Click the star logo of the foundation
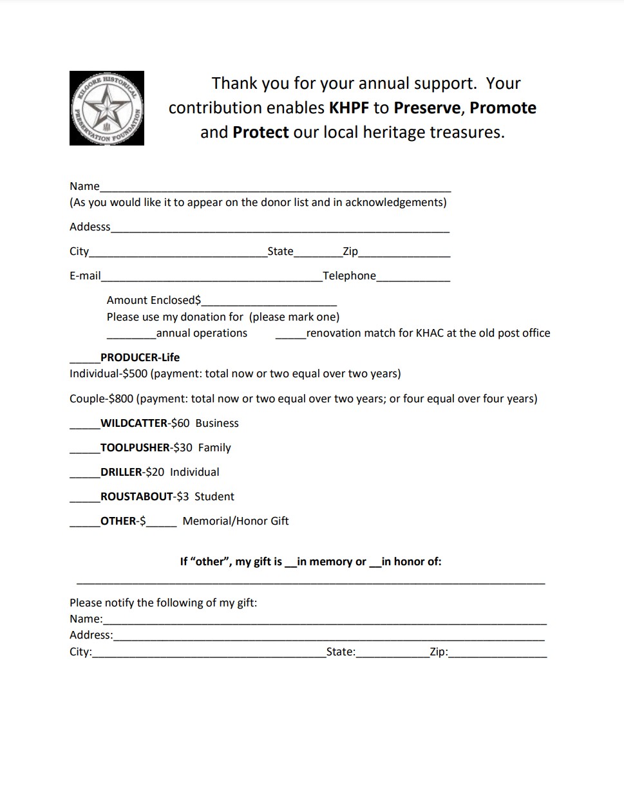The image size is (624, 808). [107, 108]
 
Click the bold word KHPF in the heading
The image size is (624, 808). [349, 108]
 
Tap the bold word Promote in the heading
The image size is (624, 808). [502, 108]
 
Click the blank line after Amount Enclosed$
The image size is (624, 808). [269, 301]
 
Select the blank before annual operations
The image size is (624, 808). [131, 334]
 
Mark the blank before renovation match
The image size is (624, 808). [290, 334]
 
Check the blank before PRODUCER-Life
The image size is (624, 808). [84, 359]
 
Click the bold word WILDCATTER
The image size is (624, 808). [134, 423]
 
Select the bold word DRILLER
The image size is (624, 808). [121, 472]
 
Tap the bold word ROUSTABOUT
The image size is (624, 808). [137, 496]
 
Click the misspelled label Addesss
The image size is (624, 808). [90, 227]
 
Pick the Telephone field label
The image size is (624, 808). [349, 276]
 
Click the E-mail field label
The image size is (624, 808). [85, 276]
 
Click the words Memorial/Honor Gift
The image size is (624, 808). [236, 521]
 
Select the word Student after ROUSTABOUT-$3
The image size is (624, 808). [214, 496]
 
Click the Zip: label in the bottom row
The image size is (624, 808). [439, 652]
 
